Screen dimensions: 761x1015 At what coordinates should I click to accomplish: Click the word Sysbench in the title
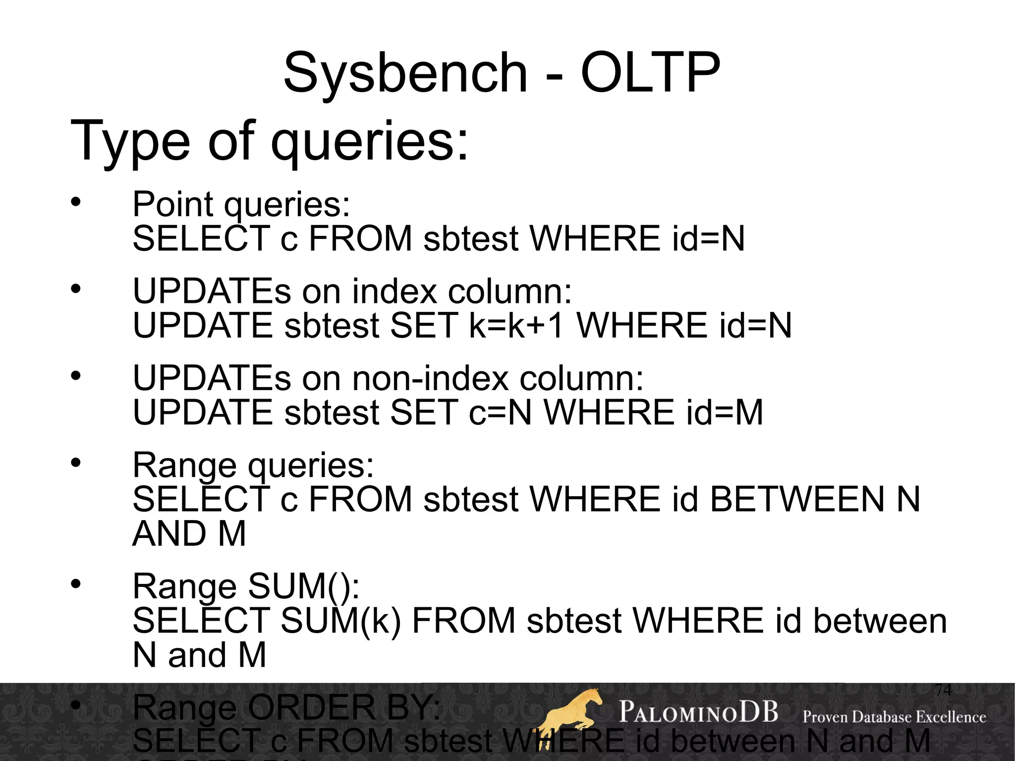(405, 73)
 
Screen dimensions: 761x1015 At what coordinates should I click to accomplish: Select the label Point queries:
(241, 204)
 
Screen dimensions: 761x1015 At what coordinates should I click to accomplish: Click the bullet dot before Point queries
(75, 202)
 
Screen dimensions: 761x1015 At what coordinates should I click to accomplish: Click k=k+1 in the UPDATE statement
(516, 326)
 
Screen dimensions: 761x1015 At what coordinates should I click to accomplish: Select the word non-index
(430, 378)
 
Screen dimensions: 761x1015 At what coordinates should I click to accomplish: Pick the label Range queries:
(253, 465)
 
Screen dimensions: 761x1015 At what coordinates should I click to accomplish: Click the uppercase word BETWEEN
(797, 499)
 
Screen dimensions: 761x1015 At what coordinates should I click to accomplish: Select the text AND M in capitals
(189, 534)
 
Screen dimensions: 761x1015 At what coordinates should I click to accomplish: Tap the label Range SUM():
(246, 586)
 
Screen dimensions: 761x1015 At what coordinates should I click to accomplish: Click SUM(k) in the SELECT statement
(340, 621)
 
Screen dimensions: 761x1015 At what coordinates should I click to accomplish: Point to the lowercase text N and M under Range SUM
(199, 655)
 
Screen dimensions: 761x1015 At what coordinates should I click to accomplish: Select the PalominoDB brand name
(698, 712)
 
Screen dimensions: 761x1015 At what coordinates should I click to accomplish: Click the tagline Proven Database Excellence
(894, 717)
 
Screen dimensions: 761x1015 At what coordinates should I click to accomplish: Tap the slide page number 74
(943, 690)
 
